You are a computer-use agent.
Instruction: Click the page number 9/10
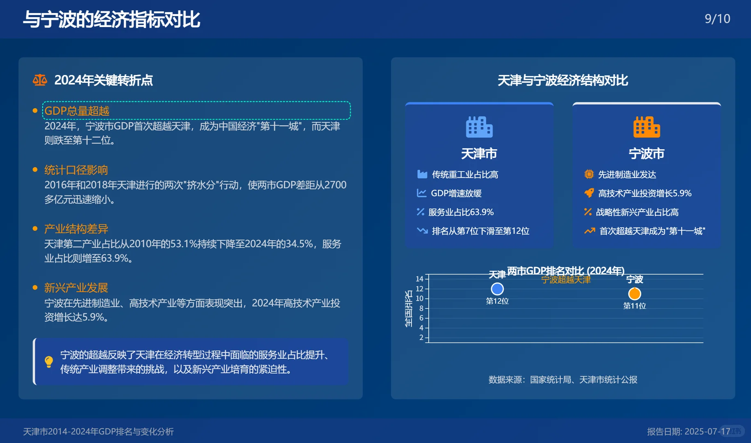717,19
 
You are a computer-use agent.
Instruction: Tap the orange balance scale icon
40,80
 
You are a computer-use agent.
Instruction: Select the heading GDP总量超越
77,111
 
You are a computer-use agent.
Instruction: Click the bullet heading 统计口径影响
76,170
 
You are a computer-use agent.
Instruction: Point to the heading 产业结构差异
76,229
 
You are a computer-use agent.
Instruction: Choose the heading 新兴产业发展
76,288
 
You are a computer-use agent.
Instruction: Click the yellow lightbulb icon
49,362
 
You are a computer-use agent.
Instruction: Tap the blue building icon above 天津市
479,127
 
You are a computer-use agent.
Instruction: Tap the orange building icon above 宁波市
646,127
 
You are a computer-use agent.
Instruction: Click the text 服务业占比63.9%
461,212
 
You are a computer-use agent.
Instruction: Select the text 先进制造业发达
627,174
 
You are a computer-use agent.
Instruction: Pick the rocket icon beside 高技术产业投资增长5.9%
589,193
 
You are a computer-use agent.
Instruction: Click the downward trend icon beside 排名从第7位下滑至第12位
422,231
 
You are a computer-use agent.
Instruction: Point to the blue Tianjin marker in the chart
497,289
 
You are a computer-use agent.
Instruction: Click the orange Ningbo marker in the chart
634,294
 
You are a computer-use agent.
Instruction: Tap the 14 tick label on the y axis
419,279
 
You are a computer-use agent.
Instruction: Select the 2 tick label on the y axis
421,338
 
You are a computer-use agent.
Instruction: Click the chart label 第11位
634,306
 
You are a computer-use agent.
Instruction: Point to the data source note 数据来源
562,380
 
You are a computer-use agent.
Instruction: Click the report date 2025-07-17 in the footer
707,432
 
